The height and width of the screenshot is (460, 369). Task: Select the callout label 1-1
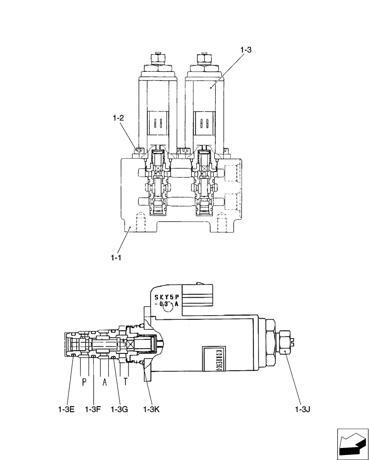pos(115,259)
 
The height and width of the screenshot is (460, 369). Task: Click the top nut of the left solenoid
pos(157,59)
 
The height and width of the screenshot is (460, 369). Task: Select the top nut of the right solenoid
pos(203,59)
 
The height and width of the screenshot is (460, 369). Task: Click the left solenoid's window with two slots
pos(157,123)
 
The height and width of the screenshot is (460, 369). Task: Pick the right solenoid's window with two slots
pos(203,123)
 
